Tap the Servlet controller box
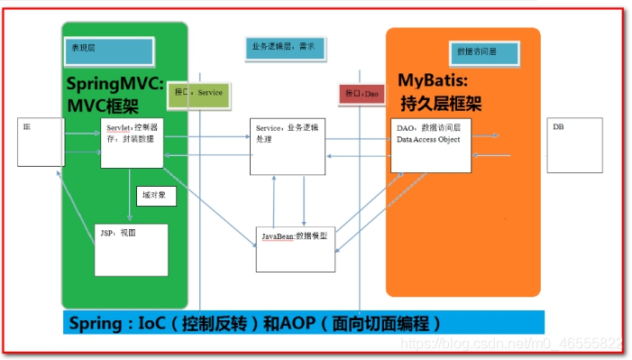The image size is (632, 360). tap(132, 143)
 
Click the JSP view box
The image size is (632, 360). tap(132, 249)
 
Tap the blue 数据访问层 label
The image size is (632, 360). tap(483, 52)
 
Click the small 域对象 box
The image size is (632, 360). tap(153, 195)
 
